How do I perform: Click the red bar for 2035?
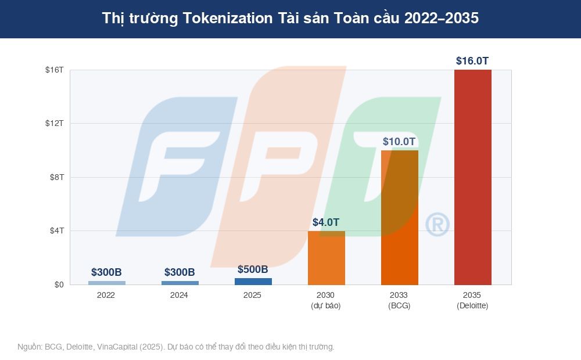click(472, 177)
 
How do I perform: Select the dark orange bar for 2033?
click(399, 218)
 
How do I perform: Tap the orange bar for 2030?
click(326, 258)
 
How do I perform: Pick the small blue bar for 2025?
click(253, 282)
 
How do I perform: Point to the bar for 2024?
click(180, 283)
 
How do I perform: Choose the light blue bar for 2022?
click(106, 283)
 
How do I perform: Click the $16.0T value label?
click(472, 60)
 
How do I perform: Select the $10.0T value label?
click(399, 141)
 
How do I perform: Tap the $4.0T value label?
click(326, 222)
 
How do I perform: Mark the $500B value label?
click(253, 269)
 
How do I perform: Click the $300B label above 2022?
click(106, 272)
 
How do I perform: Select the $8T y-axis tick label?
click(56, 177)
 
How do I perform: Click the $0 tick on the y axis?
click(59, 285)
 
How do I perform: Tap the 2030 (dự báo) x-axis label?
click(326, 300)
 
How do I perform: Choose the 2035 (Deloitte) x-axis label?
click(472, 300)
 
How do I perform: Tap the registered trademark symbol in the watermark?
click(437, 225)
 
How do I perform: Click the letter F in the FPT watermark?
click(174, 168)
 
